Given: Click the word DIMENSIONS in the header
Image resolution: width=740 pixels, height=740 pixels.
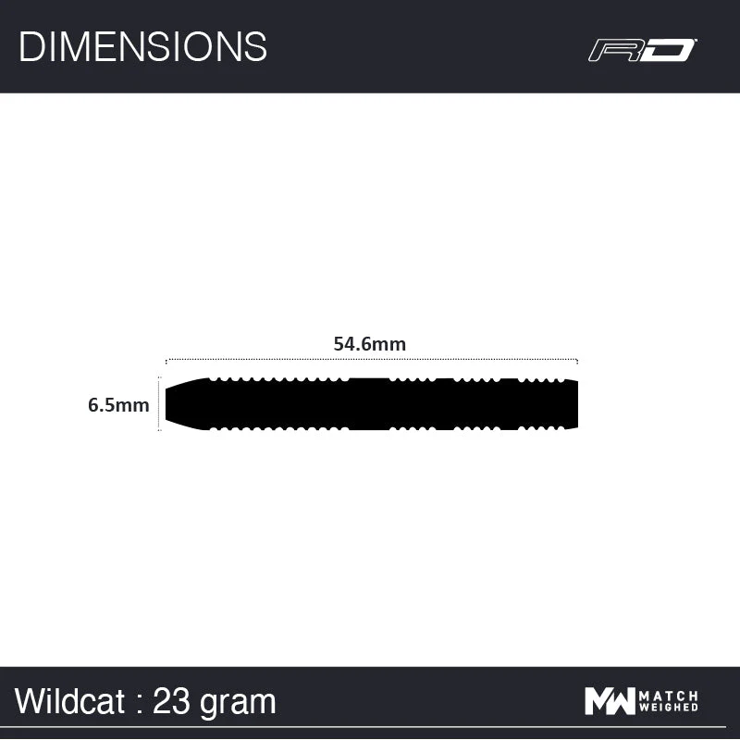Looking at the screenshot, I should click(142, 46).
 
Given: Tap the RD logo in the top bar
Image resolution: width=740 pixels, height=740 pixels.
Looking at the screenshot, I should click(642, 50).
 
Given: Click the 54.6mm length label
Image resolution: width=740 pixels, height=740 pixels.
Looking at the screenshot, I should click(370, 343).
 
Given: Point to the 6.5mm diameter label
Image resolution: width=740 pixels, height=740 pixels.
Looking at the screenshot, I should click(118, 404).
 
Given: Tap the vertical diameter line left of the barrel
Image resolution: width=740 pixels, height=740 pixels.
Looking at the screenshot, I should click(159, 404).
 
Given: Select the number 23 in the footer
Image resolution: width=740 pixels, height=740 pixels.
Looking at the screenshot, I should click(173, 701).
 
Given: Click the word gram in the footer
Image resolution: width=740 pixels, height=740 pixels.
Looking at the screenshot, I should click(239, 702).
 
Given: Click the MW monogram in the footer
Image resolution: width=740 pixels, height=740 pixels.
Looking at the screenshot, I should click(609, 702).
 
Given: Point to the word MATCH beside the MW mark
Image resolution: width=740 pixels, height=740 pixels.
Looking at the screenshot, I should click(669, 696).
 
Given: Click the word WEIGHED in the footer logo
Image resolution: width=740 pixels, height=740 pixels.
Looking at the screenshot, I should click(669, 709).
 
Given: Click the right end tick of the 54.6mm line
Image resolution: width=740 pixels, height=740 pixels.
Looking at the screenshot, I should click(577, 361).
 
